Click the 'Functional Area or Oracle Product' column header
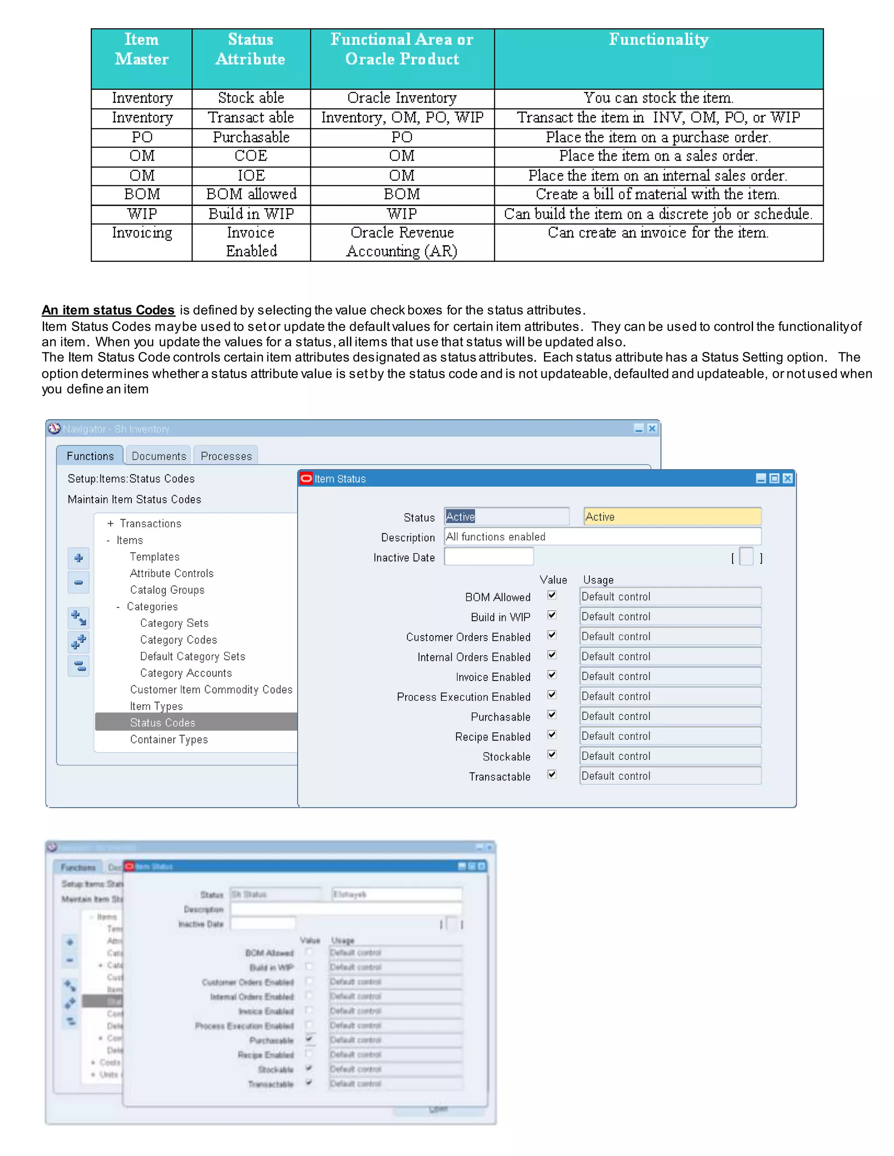pyautogui.click(x=402, y=49)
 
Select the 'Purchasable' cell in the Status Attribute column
pyautogui.click(x=251, y=137)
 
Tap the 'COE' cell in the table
pyautogui.click(x=251, y=156)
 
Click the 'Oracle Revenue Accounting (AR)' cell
pyautogui.click(x=402, y=242)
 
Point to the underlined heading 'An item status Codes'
pyautogui.click(x=108, y=310)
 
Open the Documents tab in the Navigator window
pyautogui.click(x=159, y=456)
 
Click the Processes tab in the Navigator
pyautogui.click(x=226, y=456)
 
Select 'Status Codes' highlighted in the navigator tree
pyautogui.click(x=162, y=722)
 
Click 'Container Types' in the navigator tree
pyautogui.click(x=169, y=739)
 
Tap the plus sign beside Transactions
pyautogui.click(x=110, y=523)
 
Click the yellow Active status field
pyautogui.click(x=672, y=516)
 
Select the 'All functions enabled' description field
pyautogui.click(x=602, y=537)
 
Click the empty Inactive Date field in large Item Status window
pyautogui.click(x=488, y=557)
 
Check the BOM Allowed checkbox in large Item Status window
pyautogui.click(x=552, y=595)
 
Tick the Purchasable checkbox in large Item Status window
pyautogui.click(x=552, y=715)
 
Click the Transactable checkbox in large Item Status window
pyautogui.click(x=552, y=775)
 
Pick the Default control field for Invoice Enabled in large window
pyautogui.click(x=670, y=677)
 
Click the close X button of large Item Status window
pyautogui.click(x=787, y=479)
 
